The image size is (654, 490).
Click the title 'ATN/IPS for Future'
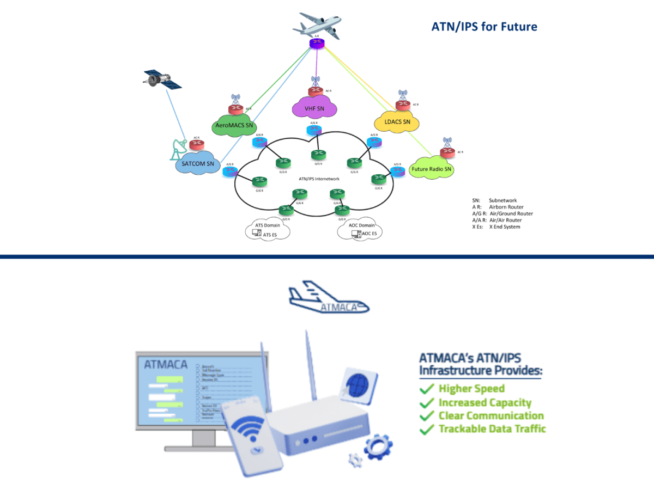[x=484, y=26]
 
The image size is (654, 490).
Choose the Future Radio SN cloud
[x=432, y=168]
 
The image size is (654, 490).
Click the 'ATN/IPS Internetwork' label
[x=319, y=179]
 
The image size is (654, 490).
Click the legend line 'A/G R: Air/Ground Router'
[x=502, y=213]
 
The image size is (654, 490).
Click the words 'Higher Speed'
[x=471, y=388]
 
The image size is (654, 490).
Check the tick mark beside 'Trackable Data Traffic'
[x=426, y=430]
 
